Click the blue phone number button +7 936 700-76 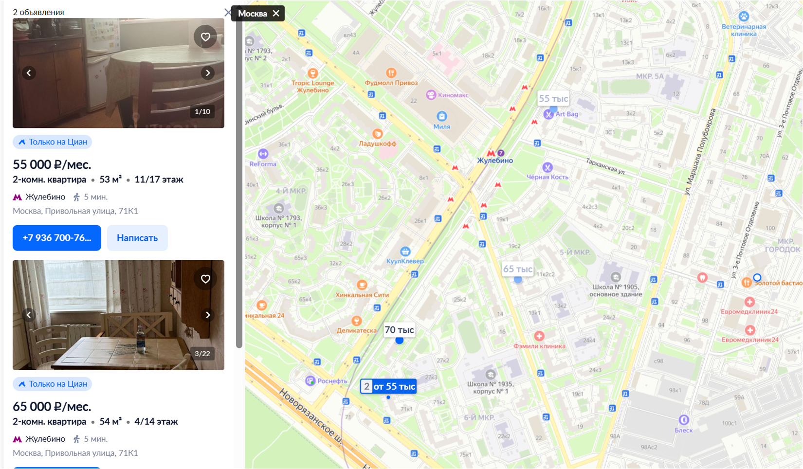56,238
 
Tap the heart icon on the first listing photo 205,37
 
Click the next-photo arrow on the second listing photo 208,315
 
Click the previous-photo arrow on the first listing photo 29,73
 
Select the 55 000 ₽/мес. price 52,164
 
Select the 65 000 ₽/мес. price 52,406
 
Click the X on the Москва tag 276,13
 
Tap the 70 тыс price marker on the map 399,330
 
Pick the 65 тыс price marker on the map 517,269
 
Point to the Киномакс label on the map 453,95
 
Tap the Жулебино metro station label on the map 495,160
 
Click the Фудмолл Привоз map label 391,83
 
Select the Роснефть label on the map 332,381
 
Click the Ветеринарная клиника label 744,30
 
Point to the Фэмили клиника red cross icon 539,336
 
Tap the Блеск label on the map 683,430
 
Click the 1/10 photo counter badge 202,111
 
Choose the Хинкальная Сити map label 362,294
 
